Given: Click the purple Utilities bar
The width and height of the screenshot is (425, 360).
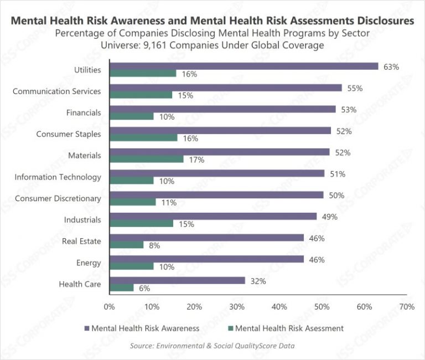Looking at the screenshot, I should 243,66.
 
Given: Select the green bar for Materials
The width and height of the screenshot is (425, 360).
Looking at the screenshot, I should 146,159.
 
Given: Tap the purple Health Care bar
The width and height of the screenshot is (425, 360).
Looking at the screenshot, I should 177,280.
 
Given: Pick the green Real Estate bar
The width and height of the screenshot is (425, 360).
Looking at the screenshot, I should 126,244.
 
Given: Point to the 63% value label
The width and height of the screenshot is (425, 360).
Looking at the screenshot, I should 391,66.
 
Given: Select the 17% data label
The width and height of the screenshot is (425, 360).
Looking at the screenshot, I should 197,160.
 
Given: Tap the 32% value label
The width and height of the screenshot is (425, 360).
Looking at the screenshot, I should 258,281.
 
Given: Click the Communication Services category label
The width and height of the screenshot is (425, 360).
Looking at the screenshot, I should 56,91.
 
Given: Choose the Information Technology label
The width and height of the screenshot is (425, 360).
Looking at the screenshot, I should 58,177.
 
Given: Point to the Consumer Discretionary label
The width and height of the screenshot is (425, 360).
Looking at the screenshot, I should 58,198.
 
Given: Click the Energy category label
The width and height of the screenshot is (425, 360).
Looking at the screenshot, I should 89,263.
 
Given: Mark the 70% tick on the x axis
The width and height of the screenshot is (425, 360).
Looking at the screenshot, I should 406,306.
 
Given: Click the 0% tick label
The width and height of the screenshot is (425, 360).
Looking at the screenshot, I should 109,306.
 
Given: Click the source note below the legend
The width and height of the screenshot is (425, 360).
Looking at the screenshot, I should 212,346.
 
